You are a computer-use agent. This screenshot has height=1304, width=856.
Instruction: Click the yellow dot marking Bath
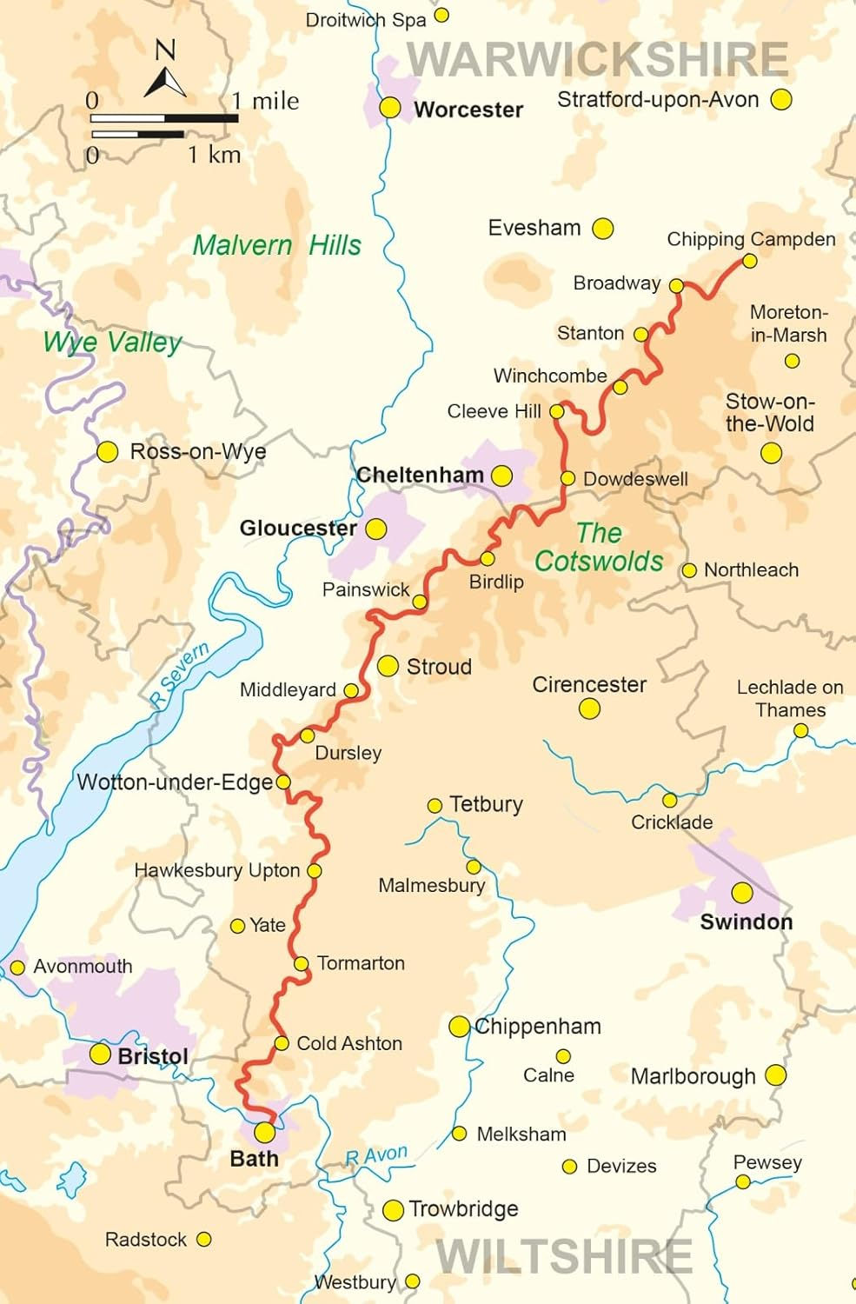pyautogui.click(x=264, y=1132)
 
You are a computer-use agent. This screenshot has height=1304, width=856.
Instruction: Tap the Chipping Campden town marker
pyautogui.click(x=749, y=261)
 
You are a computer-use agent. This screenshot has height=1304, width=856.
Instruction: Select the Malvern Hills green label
pyautogui.click(x=276, y=245)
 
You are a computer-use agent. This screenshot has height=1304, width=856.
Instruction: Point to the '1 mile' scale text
pyautogui.click(x=265, y=102)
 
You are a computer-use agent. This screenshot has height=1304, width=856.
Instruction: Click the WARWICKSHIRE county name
pyautogui.click(x=598, y=59)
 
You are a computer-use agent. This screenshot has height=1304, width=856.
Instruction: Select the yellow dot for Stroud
pyautogui.click(x=388, y=666)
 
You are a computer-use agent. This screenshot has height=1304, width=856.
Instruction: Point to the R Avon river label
pyautogui.click(x=376, y=1156)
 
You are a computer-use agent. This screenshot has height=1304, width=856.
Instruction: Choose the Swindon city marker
pyautogui.click(x=741, y=893)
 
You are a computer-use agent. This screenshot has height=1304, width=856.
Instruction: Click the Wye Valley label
pyautogui.click(x=112, y=342)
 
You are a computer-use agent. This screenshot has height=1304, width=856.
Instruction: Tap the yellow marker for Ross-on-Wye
pyautogui.click(x=107, y=452)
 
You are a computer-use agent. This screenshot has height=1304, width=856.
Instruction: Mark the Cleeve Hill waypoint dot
pyautogui.click(x=557, y=411)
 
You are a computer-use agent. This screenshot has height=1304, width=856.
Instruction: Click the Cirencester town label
pyautogui.click(x=588, y=684)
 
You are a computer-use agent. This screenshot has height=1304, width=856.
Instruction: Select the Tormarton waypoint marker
pyautogui.click(x=301, y=963)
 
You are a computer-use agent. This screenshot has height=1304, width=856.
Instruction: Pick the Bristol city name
pyautogui.click(x=153, y=1056)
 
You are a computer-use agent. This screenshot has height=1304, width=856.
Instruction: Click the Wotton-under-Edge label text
pyautogui.click(x=175, y=782)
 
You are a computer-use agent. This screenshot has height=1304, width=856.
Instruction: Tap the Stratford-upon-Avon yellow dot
pyautogui.click(x=781, y=99)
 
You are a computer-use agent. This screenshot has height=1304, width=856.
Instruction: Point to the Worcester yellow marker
pyautogui.click(x=390, y=107)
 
